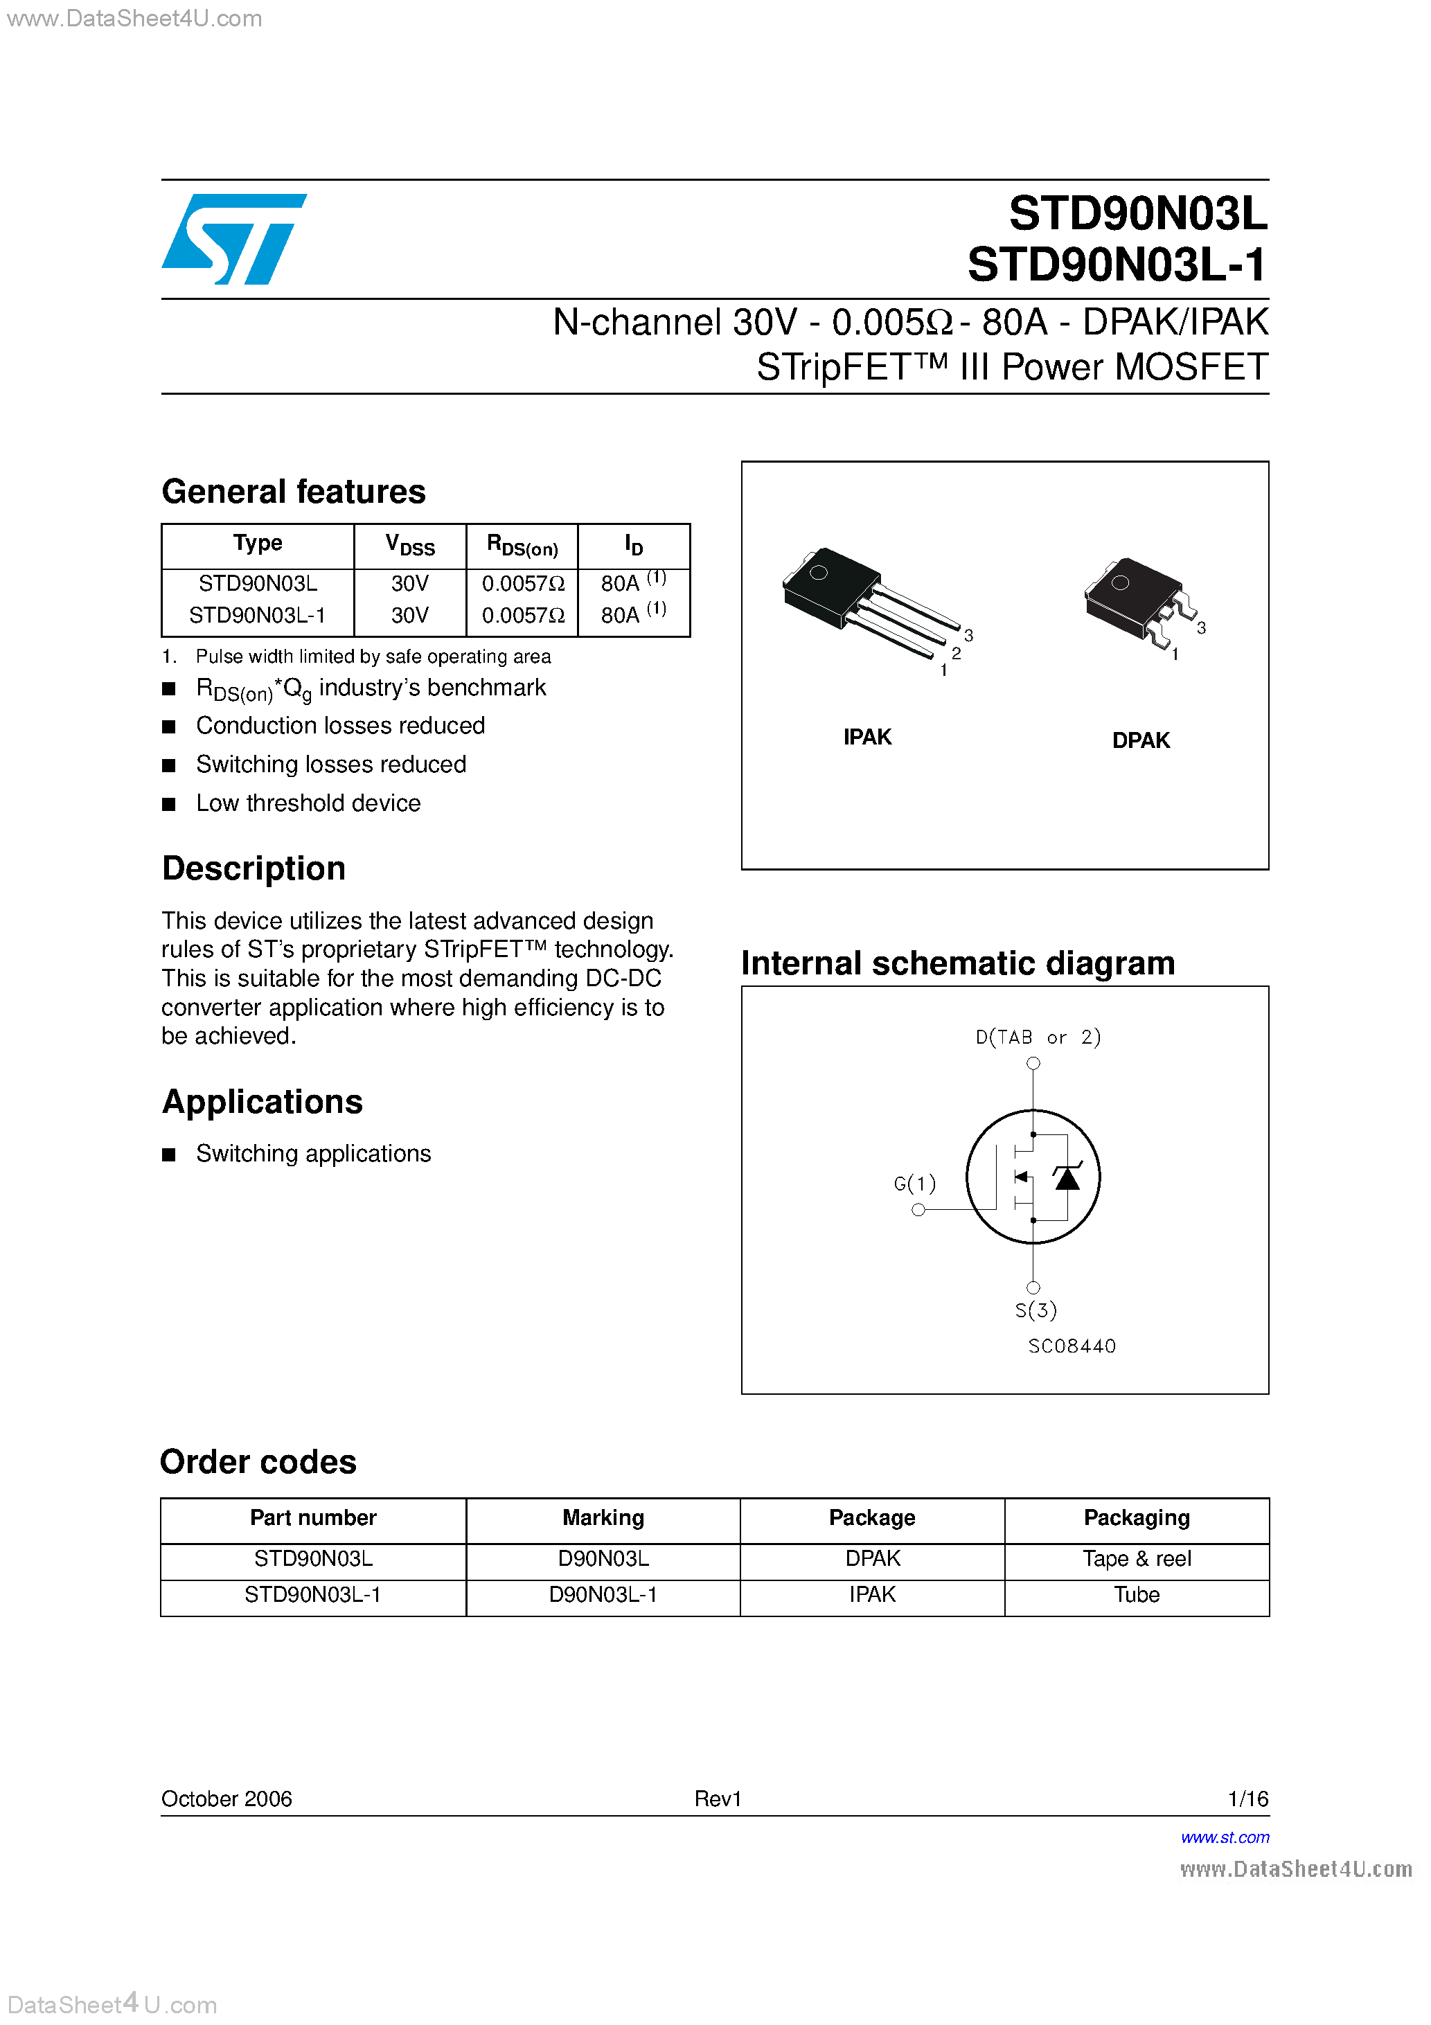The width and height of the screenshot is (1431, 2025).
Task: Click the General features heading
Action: (293, 491)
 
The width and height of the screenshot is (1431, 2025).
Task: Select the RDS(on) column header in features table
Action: (522, 546)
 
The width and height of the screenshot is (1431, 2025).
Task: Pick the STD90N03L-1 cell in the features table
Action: (257, 615)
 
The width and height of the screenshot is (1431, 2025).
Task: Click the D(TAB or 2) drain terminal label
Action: (1038, 1037)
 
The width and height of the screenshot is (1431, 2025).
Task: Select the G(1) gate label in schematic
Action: (914, 1183)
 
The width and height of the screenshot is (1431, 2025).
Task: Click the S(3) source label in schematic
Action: (1035, 1310)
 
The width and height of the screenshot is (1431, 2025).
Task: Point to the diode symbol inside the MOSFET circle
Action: (1067, 1177)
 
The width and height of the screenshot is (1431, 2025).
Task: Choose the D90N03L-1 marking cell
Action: (603, 1595)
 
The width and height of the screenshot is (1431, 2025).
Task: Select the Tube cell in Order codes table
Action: (1137, 1595)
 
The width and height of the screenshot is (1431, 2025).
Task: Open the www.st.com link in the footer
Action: (1225, 1837)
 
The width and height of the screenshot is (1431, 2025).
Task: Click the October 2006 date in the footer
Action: (226, 1799)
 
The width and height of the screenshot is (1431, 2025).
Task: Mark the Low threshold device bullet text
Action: (308, 803)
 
